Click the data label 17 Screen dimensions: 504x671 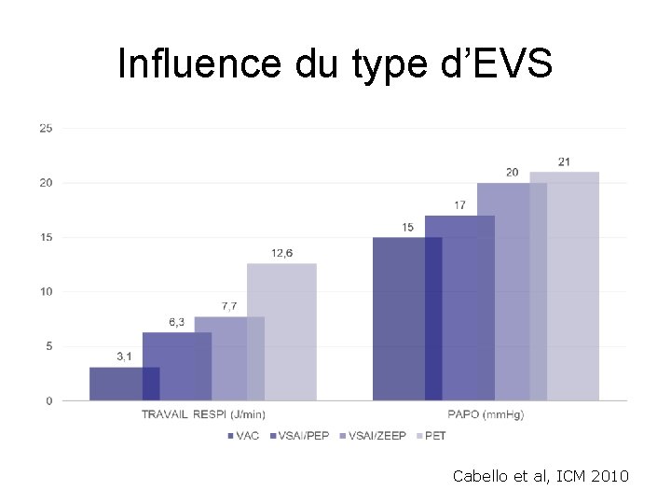pyautogui.click(x=460, y=204)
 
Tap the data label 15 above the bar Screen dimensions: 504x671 pyautogui.click(x=407, y=227)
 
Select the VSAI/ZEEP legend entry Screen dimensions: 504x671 pyautogui.click(x=375, y=436)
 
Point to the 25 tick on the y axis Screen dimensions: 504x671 pyautogui.click(x=45, y=128)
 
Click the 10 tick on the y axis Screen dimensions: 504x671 pyautogui.click(x=45, y=292)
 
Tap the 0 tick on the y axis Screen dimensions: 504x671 pyautogui.click(x=48, y=401)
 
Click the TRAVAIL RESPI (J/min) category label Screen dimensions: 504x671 pyautogui.click(x=202, y=414)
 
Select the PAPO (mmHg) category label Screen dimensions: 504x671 pyautogui.click(x=486, y=414)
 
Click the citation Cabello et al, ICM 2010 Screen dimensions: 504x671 pyautogui.click(x=541, y=477)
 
